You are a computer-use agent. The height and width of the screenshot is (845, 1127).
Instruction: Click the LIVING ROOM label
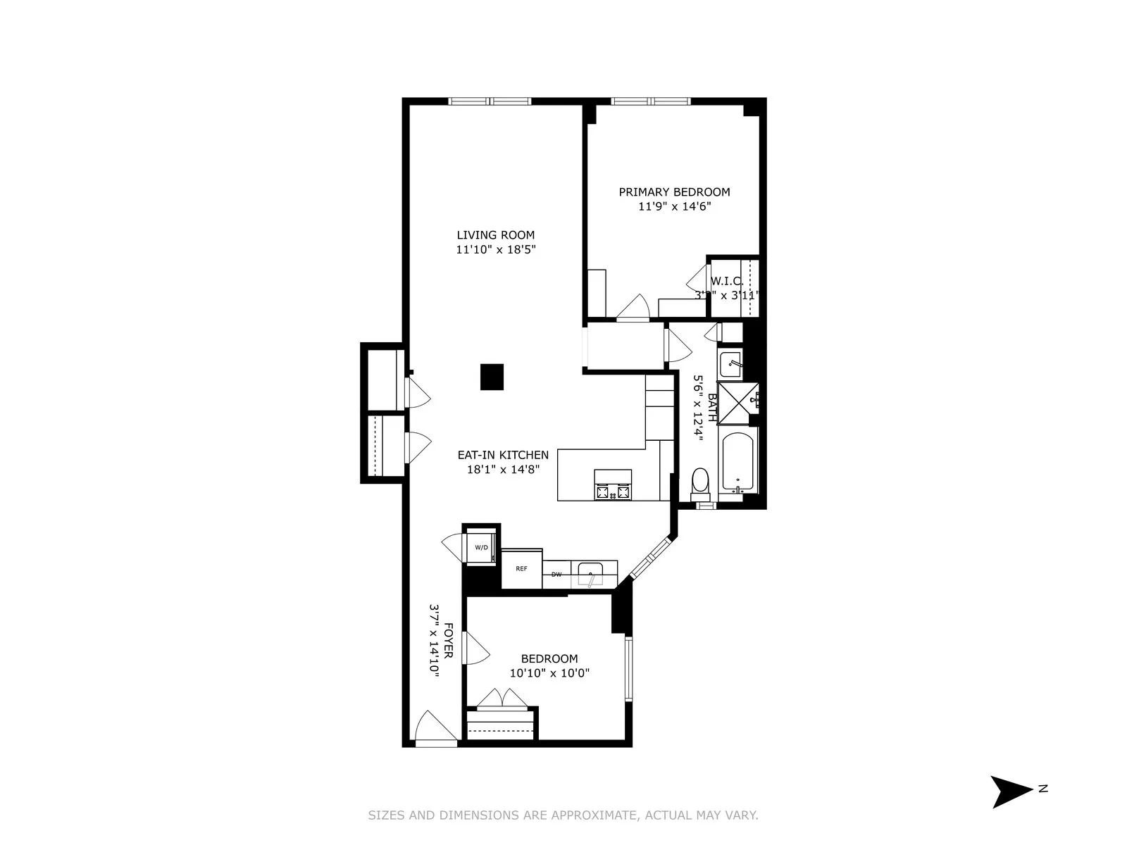[495, 235]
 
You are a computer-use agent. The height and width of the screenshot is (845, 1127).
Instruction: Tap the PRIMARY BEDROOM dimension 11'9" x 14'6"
[674, 206]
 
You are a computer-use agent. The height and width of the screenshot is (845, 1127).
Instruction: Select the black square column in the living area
[492, 377]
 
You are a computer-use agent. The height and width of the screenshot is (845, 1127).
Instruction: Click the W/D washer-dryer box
[482, 547]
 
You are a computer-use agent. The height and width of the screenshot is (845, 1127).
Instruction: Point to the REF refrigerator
[521, 568]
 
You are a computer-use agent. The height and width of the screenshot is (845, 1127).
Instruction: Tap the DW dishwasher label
[556, 575]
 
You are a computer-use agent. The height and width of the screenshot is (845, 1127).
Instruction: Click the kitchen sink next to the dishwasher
[590, 575]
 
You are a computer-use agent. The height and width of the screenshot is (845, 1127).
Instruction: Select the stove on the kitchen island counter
[613, 485]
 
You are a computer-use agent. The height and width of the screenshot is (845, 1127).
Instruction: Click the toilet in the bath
[700, 483]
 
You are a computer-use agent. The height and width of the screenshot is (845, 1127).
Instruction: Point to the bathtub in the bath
[737, 463]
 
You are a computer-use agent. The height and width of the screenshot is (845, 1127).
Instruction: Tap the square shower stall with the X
[737, 403]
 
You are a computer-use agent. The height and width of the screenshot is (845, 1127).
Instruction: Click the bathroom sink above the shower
[730, 364]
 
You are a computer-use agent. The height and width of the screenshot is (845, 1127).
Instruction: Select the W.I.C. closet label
[727, 281]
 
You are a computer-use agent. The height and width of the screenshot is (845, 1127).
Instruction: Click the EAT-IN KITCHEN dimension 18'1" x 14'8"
[503, 469]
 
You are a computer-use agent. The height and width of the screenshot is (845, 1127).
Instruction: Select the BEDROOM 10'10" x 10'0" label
[549, 665]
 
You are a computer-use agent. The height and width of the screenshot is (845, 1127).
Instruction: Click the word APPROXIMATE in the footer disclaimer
[594, 815]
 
